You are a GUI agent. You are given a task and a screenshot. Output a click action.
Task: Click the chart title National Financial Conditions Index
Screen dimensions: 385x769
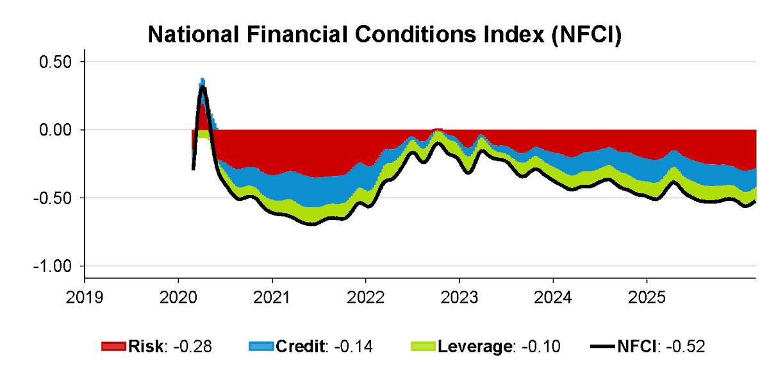coord(384,35)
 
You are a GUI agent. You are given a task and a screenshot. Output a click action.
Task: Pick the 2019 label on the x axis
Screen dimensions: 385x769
coord(85,298)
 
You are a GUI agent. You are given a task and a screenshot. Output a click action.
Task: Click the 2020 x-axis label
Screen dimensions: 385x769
coord(178,298)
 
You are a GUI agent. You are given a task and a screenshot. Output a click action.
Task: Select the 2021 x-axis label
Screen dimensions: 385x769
coord(272,298)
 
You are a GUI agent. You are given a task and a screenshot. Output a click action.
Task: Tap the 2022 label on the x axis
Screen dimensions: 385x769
coord(365,298)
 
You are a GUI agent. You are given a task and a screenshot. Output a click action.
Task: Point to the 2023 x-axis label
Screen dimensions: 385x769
coord(459,298)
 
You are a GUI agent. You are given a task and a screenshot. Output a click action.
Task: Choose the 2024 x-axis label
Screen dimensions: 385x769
coord(553,298)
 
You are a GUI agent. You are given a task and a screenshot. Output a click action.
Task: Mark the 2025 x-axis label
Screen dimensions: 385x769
coord(647,298)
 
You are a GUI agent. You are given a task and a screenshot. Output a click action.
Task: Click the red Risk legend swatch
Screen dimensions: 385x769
coord(114,347)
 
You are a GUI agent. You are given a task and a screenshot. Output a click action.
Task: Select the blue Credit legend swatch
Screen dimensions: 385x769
coord(261,347)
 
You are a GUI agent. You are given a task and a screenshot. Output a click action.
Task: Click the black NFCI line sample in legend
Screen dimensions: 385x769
coord(602,347)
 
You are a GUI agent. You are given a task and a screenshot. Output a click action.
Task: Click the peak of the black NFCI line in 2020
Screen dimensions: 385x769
coord(203,87)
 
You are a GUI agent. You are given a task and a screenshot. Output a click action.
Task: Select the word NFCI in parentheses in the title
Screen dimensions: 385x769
coord(583,35)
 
